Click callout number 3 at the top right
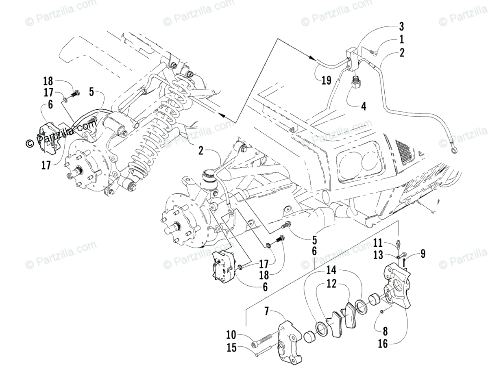pos(401,28)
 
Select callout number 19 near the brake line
pos(326,80)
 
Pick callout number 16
pos(383,345)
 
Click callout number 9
pos(423,254)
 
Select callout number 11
pos(378,243)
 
